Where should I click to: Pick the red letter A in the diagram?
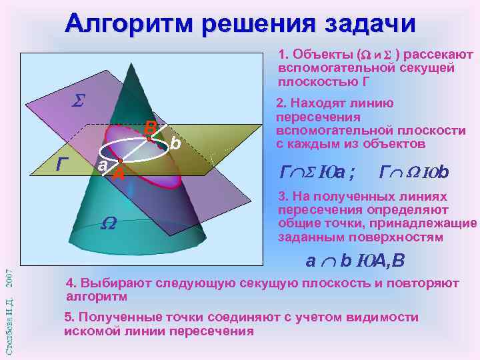[x=119, y=175]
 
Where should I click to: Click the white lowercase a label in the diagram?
[x=101, y=165]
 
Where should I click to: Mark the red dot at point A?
[x=119, y=162]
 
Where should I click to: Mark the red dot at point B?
[x=150, y=138]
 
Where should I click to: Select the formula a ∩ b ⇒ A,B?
[x=354, y=261]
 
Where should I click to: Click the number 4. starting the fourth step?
[x=69, y=283]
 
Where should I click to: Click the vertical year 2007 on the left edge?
[x=9, y=279]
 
